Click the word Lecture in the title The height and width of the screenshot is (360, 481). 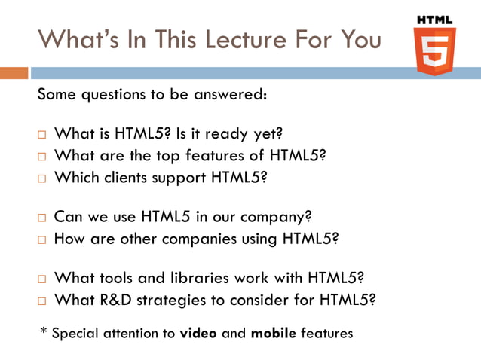coord(228,39)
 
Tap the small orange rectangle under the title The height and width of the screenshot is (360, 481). coord(14,73)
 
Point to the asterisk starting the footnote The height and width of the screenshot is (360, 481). coord(43,331)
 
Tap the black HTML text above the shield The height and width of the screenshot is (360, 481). coord(434,19)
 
